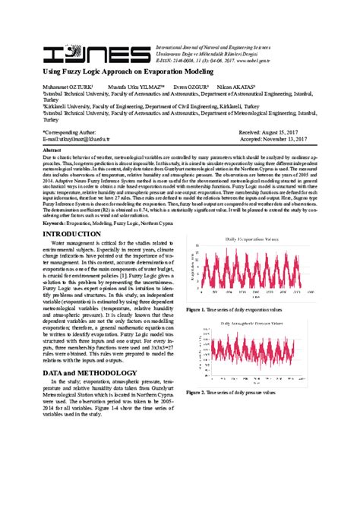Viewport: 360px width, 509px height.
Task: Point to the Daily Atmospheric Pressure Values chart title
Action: click(x=248, y=322)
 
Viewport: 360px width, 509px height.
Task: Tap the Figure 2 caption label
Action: click(x=197, y=392)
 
